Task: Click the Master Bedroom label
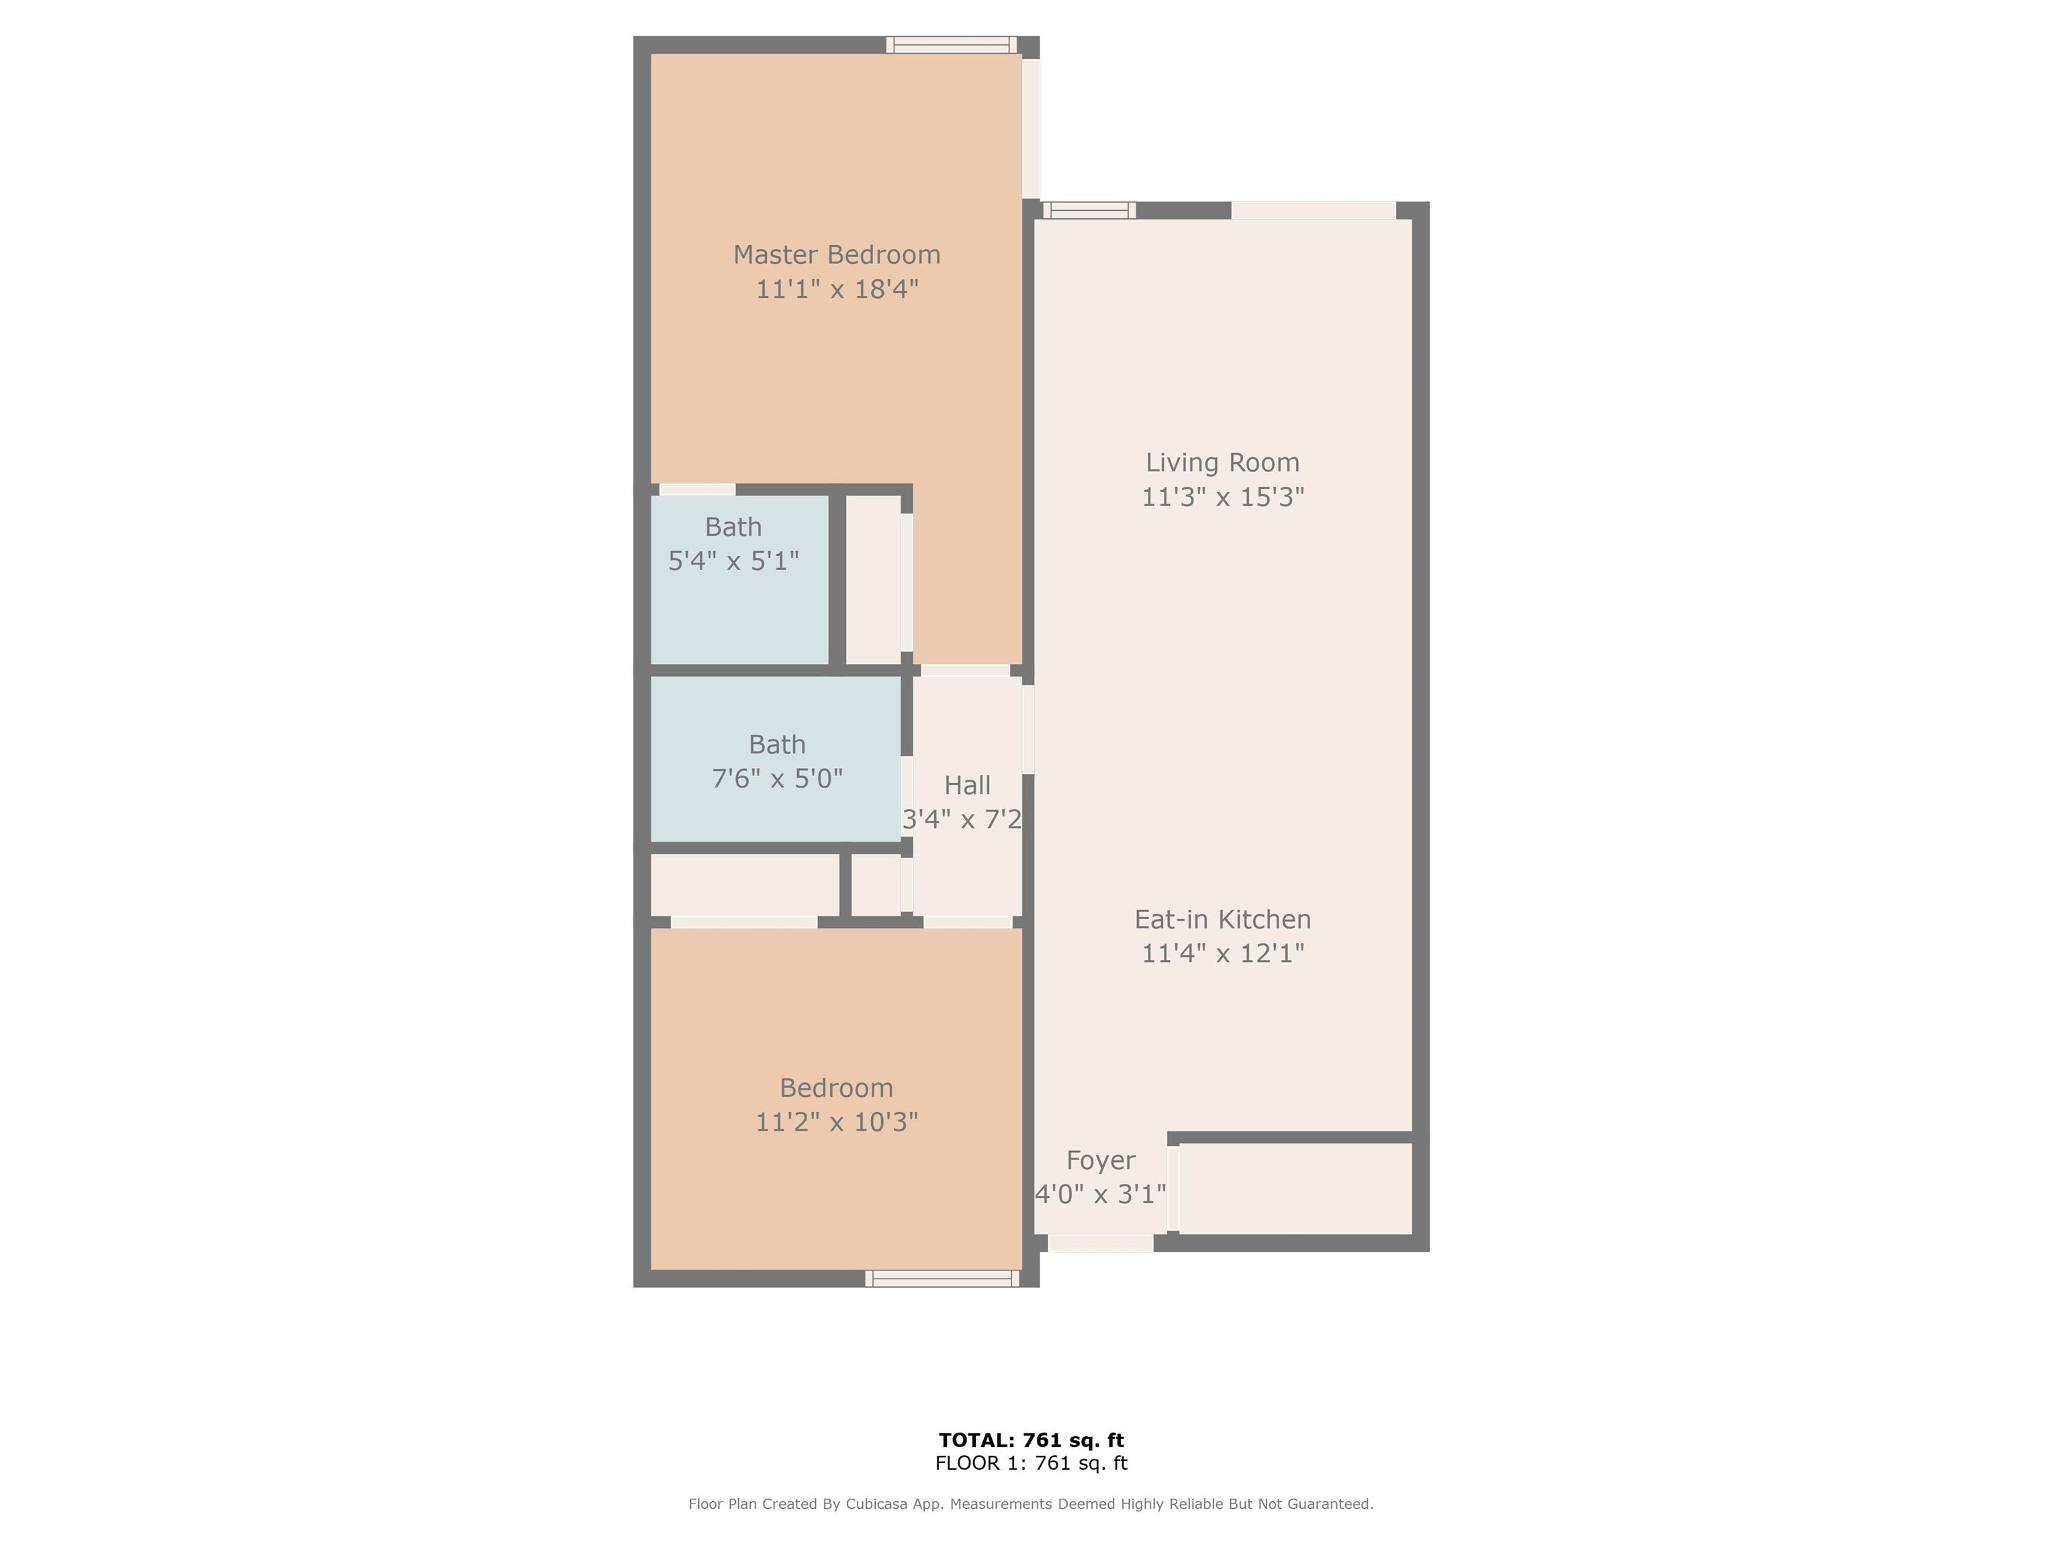[837, 254]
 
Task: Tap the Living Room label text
[1223, 463]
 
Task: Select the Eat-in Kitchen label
[1223, 919]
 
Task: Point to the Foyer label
[1101, 1161]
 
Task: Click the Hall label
[967, 785]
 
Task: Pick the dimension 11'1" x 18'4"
[837, 289]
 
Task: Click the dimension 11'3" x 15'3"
[1223, 497]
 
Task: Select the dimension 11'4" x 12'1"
[1223, 953]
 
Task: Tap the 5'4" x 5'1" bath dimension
[734, 561]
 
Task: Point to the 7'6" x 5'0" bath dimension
[777, 779]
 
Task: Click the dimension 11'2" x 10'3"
[837, 1122]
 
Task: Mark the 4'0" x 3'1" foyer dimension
[1101, 1194]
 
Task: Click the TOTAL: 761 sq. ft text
[1031, 1441]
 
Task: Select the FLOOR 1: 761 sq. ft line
[1031, 1463]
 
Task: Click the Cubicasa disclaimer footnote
[1031, 1504]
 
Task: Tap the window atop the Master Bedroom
[952, 45]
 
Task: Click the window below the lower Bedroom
[942, 1278]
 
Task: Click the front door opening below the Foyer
[1101, 1243]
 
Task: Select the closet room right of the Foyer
[1295, 1189]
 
